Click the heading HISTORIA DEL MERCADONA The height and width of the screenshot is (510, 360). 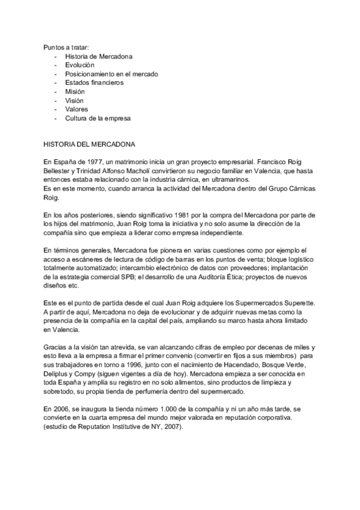pos(90,145)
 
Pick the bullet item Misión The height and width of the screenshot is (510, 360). pos(75,91)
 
